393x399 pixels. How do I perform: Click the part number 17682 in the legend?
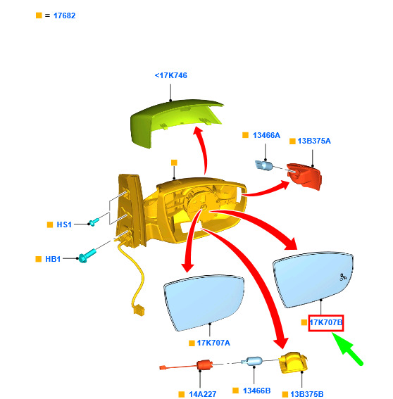tap(64, 15)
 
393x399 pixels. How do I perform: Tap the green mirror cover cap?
tap(173, 122)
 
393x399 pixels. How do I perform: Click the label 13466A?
tap(266, 135)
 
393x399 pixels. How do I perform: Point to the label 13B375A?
tap(314, 141)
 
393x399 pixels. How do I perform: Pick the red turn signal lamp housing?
tap(304, 177)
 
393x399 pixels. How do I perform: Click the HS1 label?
tap(64, 224)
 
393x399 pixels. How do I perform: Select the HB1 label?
tap(53, 259)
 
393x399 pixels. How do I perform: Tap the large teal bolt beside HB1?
tap(87, 256)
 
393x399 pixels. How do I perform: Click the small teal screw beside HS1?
tap(94, 222)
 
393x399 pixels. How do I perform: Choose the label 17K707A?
tap(213, 343)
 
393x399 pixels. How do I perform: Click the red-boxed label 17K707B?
tap(326, 323)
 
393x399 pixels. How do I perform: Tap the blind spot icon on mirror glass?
tap(343, 277)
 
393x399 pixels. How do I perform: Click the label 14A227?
tap(202, 394)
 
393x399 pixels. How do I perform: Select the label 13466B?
tap(257, 391)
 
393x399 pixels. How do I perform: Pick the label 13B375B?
tap(307, 394)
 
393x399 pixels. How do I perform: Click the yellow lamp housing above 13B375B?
tap(294, 362)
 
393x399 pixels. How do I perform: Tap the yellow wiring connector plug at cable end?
tap(138, 310)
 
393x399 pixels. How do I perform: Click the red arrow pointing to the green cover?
tap(202, 150)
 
